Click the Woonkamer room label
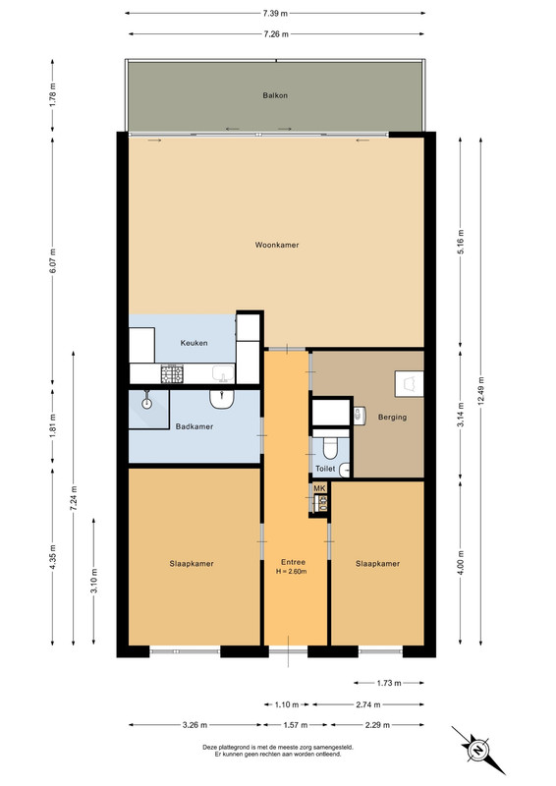tap(277, 245)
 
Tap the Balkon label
tap(275, 95)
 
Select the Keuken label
tap(194, 343)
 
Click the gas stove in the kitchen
tap(172, 374)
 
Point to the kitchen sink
tap(223, 373)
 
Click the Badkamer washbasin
tap(222, 399)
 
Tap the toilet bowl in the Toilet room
tap(330, 448)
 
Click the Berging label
tap(392, 417)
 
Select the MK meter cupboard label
tap(319, 488)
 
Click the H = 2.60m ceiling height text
tap(292, 572)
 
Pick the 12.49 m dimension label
tap(481, 391)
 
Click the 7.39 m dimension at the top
tap(275, 14)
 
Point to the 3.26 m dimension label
tap(195, 725)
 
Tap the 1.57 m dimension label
tap(296, 725)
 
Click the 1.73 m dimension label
tap(389, 683)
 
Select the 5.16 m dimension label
tap(461, 241)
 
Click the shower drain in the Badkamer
tap(147, 402)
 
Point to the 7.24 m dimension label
tap(74, 498)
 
